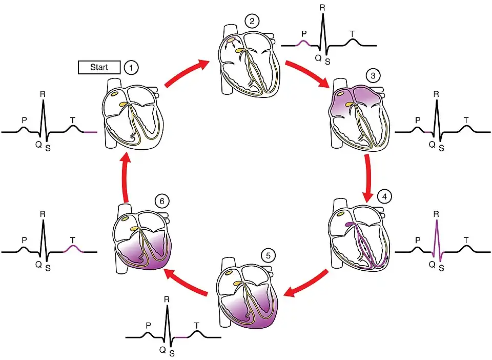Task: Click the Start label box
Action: [99, 67]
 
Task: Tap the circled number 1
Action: [131, 67]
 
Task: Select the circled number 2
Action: [251, 22]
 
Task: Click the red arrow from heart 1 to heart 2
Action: [186, 73]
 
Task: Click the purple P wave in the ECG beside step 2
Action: [304, 43]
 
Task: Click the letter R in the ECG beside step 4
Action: [436, 212]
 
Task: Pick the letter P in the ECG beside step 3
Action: [418, 120]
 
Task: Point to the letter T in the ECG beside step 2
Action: [352, 34]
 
